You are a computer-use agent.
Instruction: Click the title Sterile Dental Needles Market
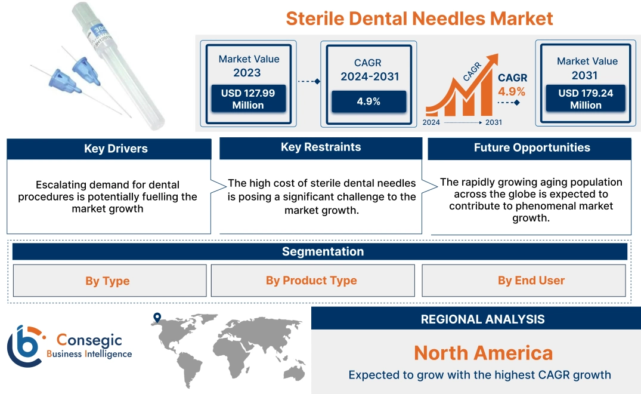[x=419, y=18]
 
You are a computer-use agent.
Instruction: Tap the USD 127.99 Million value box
[x=247, y=99]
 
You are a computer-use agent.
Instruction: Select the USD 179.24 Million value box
[x=586, y=99]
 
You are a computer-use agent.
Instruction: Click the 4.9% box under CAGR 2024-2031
[x=369, y=101]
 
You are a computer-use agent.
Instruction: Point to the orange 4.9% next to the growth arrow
[x=512, y=91]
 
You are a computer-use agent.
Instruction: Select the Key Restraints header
[x=321, y=147]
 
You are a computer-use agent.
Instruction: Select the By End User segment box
[x=531, y=281]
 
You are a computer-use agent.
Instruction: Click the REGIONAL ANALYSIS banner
[x=482, y=319]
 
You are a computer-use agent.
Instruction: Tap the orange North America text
[x=483, y=353]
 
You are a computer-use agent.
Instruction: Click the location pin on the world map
[x=157, y=318]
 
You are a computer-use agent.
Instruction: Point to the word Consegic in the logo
[x=89, y=340]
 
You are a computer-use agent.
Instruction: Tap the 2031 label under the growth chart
[x=494, y=122]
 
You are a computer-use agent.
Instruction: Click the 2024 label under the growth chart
[x=432, y=122]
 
